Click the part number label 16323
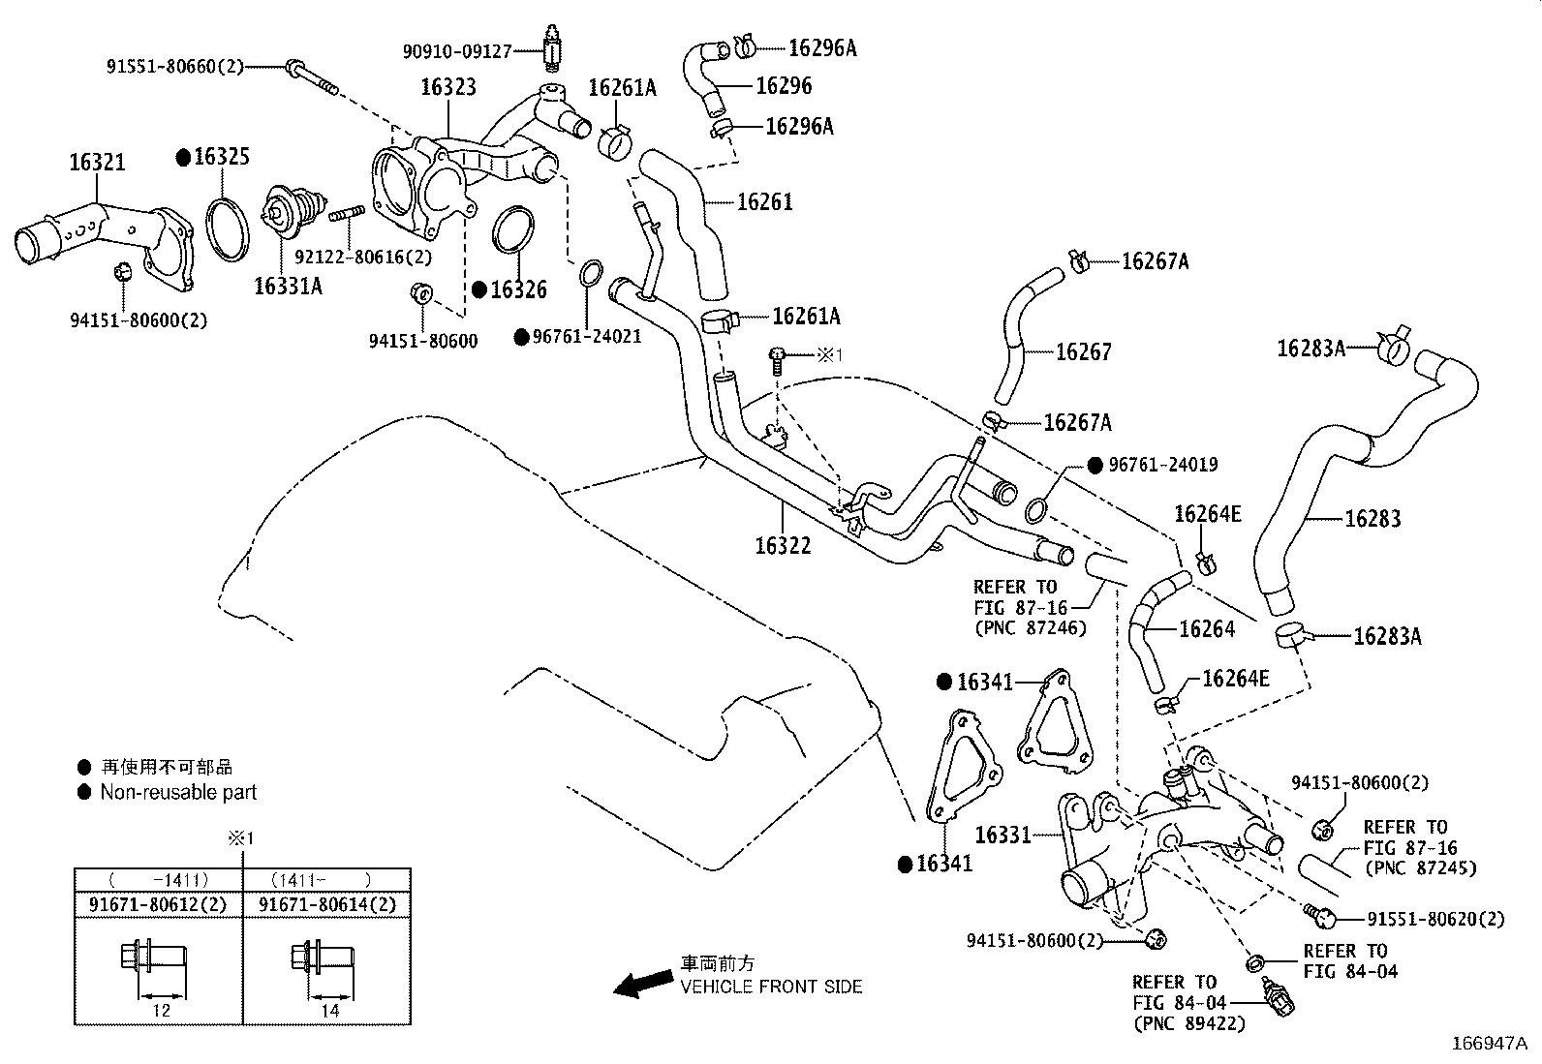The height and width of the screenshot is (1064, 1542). pos(448,87)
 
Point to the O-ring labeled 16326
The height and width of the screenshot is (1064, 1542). pos(513,229)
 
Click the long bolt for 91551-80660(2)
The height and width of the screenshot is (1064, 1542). pos(312,77)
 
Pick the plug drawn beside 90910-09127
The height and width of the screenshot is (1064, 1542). pos(551,48)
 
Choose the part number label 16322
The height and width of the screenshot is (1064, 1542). pos(783,546)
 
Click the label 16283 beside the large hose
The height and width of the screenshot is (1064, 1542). pos(1372,518)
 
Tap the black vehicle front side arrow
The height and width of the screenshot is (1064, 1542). pos(643,983)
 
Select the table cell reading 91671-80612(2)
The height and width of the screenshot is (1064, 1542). pos(158,904)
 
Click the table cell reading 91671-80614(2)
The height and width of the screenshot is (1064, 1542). pos(327,904)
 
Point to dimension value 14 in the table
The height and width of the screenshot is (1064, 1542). pos(330,1011)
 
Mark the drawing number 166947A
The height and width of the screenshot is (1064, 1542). pos(1490,1044)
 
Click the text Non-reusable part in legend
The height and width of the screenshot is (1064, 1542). pos(178,792)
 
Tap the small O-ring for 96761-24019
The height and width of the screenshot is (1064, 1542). pos(1036,510)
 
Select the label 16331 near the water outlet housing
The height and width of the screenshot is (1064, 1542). pos(1003,835)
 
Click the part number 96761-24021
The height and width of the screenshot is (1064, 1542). pos(587,337)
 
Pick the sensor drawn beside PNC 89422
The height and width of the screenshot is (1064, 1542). pos(1278,997)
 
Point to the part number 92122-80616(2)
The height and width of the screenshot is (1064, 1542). pos(363,257)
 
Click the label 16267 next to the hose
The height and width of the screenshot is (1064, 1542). pos(1084,351)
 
